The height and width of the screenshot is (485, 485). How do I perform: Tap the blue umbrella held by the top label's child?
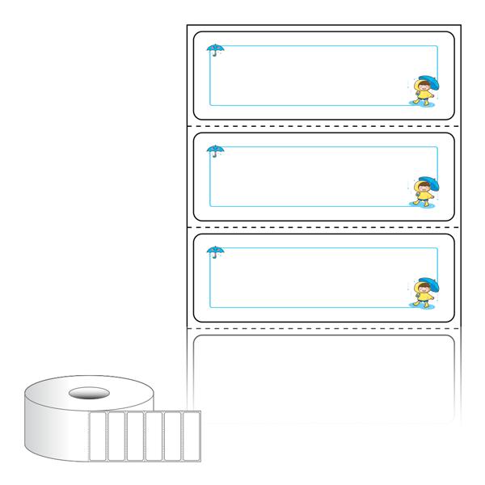[x=428, y=81]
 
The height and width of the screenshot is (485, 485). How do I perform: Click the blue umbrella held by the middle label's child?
[x=428, y=182]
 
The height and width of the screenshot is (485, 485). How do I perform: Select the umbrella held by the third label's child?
[x=428, y=283]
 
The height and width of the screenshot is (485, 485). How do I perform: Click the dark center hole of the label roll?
[x=88, y=394]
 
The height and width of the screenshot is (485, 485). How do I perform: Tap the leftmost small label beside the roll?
[x=97, y=436]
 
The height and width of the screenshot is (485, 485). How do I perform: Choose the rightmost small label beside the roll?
[x=192, y=436]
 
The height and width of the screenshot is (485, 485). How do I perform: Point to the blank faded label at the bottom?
[x=323, y=378]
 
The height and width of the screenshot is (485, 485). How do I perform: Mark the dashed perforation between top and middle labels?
[x=323, y=127]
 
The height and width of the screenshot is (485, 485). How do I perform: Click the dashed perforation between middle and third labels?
[x=323, y=228]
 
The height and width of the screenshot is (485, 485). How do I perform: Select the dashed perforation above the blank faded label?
[x=323, y=329]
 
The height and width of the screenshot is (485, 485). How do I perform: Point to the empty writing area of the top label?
[x=315, y=75]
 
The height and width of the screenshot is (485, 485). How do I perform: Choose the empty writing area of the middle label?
[x=315, y=176]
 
